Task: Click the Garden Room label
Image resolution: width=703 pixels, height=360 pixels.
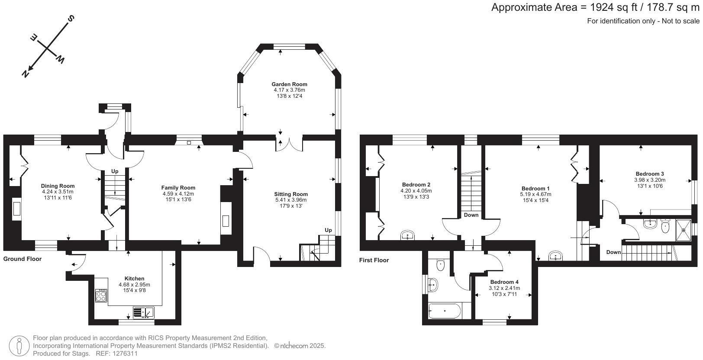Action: click(x=289, y=84)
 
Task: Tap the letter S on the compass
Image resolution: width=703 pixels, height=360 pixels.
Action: click(x=71, y=19)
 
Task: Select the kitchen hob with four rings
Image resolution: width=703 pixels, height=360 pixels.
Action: click(x=101, y=296)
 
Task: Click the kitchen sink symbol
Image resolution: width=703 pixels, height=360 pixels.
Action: click(x=143, y=313)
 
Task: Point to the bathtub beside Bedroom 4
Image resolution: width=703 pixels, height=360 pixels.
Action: click(x=445, y=311)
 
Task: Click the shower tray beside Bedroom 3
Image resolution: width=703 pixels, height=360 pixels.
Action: click(x=684, y=230)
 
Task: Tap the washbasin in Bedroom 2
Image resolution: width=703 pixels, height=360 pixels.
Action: click(x=408, y=235)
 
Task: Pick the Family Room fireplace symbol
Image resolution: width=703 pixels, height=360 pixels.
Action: click(x=226, y=218)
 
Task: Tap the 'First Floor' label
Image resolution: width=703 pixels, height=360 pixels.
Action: click(x=374, y=260)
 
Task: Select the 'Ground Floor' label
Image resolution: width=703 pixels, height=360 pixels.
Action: click(x=22, y=259)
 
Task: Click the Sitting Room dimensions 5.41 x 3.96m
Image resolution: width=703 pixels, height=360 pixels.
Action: click(x=291, y=200)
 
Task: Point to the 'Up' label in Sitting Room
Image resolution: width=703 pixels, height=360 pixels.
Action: click(x=328, y=230)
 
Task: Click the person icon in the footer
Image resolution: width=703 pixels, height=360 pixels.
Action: click(x=19, y=346)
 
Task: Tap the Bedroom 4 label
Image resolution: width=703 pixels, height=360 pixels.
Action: click(x=504, y=282)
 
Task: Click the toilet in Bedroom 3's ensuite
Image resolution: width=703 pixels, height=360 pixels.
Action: click(x=665, y=226)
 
